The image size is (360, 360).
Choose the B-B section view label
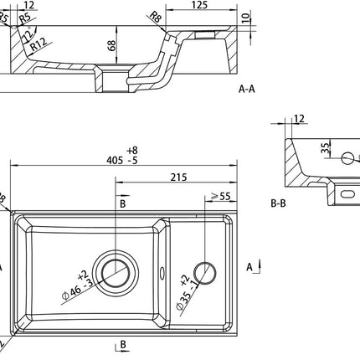[279, 203]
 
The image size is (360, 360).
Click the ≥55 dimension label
[221, 197]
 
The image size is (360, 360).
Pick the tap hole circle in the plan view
[202, 270]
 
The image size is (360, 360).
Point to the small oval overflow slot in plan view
[162, 270]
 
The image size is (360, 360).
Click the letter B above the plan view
[122, 203]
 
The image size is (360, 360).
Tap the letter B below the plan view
[122, 345]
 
